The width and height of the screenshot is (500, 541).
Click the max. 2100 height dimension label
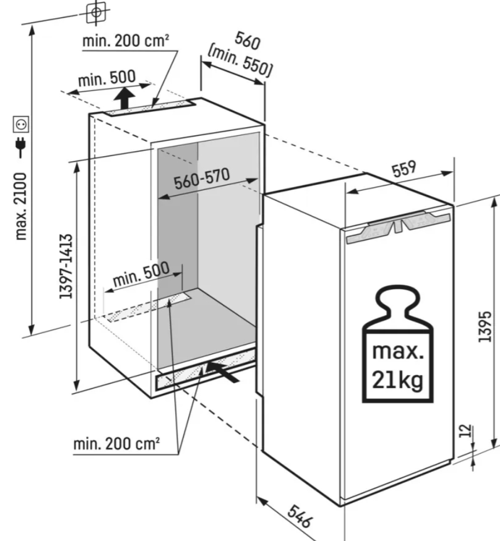pos(22,207)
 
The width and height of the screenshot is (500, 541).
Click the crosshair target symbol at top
pos(96,12)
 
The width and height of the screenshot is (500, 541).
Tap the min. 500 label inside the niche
pos(142,274)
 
